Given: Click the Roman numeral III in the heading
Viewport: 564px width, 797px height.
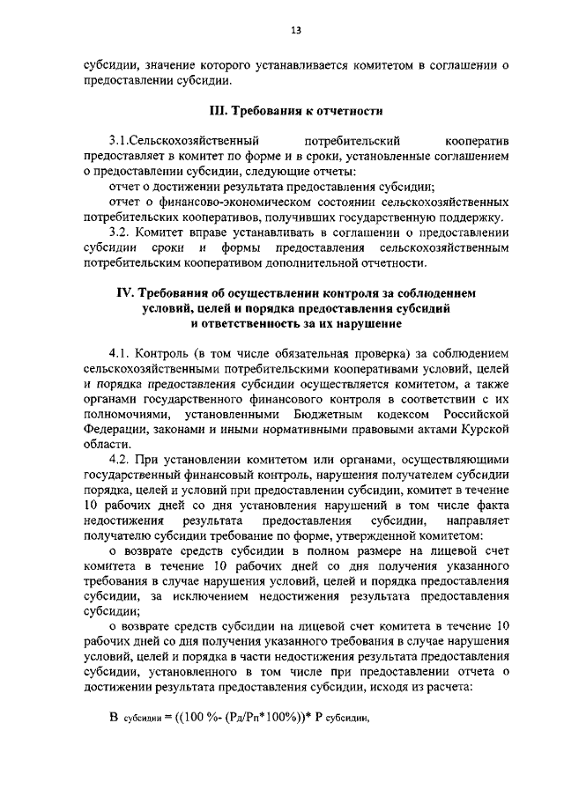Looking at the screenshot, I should pyautogui.click(x=217, y=112).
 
